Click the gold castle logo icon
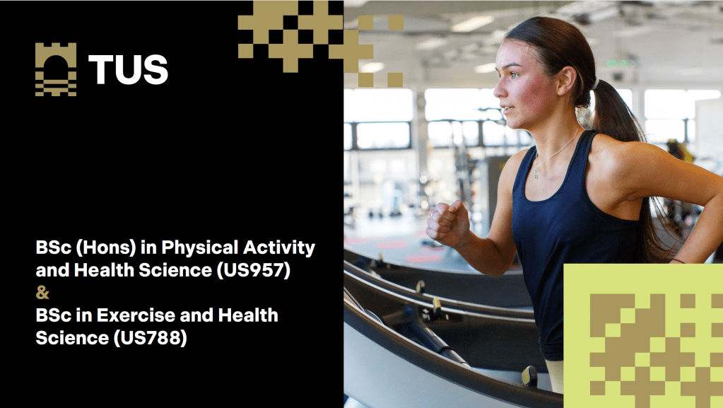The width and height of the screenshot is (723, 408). (x=56, y=69)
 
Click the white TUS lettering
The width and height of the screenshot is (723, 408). (x=128, y=69)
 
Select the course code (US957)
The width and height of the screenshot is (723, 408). (x=254, y=270)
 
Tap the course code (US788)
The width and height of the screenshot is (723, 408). (x=150, y=338)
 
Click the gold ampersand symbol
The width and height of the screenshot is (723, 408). (x=42, y=293)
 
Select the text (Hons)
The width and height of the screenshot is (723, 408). (x=106, y=248)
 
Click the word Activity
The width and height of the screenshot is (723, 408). (x=279, y=248)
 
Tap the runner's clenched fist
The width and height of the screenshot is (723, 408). (x=447, y=224)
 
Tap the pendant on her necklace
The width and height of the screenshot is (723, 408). (x=536, y=174)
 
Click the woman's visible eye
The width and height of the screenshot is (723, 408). (x=514, y=75)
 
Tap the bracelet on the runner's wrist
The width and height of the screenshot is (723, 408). (x=677, y=261)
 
